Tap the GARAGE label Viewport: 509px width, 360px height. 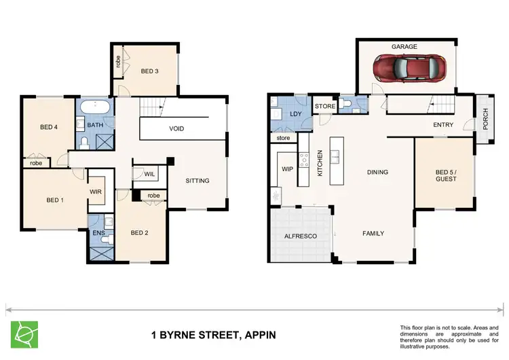tap(404, 47)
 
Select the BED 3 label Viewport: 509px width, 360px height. tap(151, 71)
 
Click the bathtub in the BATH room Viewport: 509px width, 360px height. tap(94, 109)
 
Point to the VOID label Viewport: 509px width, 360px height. tap(176, 128)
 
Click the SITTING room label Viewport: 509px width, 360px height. tap(197, 181)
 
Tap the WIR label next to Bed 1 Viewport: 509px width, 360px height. tap(96, 192)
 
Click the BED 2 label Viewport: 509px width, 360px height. tap(140, 232)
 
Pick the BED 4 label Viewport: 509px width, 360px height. tap(49, 127)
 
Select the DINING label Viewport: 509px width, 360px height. tap(377, 173)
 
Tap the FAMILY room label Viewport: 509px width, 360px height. tap(373, 234)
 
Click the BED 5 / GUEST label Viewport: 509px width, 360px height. tap(446, 176)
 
